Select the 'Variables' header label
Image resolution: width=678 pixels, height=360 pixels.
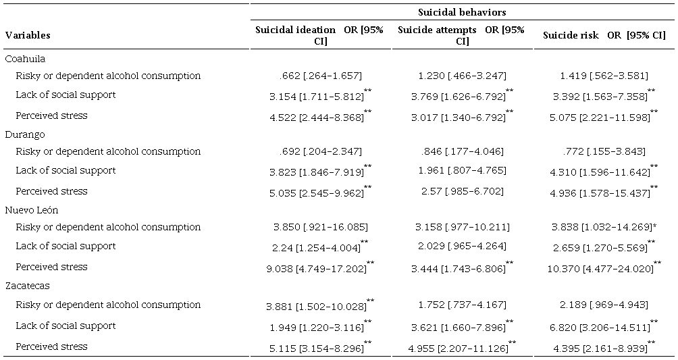click(x=28, y=35)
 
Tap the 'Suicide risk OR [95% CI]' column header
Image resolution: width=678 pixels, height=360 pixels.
click(x=604, y=35)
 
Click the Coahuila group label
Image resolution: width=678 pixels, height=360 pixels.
click(x=26, y=59)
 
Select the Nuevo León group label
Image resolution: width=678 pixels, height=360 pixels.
click(x=32, y=210)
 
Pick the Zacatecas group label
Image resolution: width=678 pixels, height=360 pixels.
click(x=27, y=286)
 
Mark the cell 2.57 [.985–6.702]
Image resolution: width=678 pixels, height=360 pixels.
click(x=462, y=191)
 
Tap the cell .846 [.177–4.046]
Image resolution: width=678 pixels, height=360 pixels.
click(x=462, y=151)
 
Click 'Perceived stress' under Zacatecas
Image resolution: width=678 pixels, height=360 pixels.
click(x=52, y=346)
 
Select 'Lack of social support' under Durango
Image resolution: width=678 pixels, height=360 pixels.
click(x=66, y=170)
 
